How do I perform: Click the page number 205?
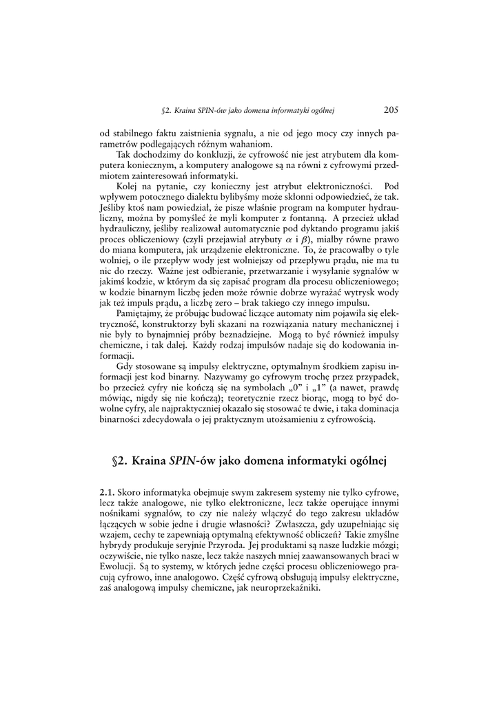click(x=391, y=109)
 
